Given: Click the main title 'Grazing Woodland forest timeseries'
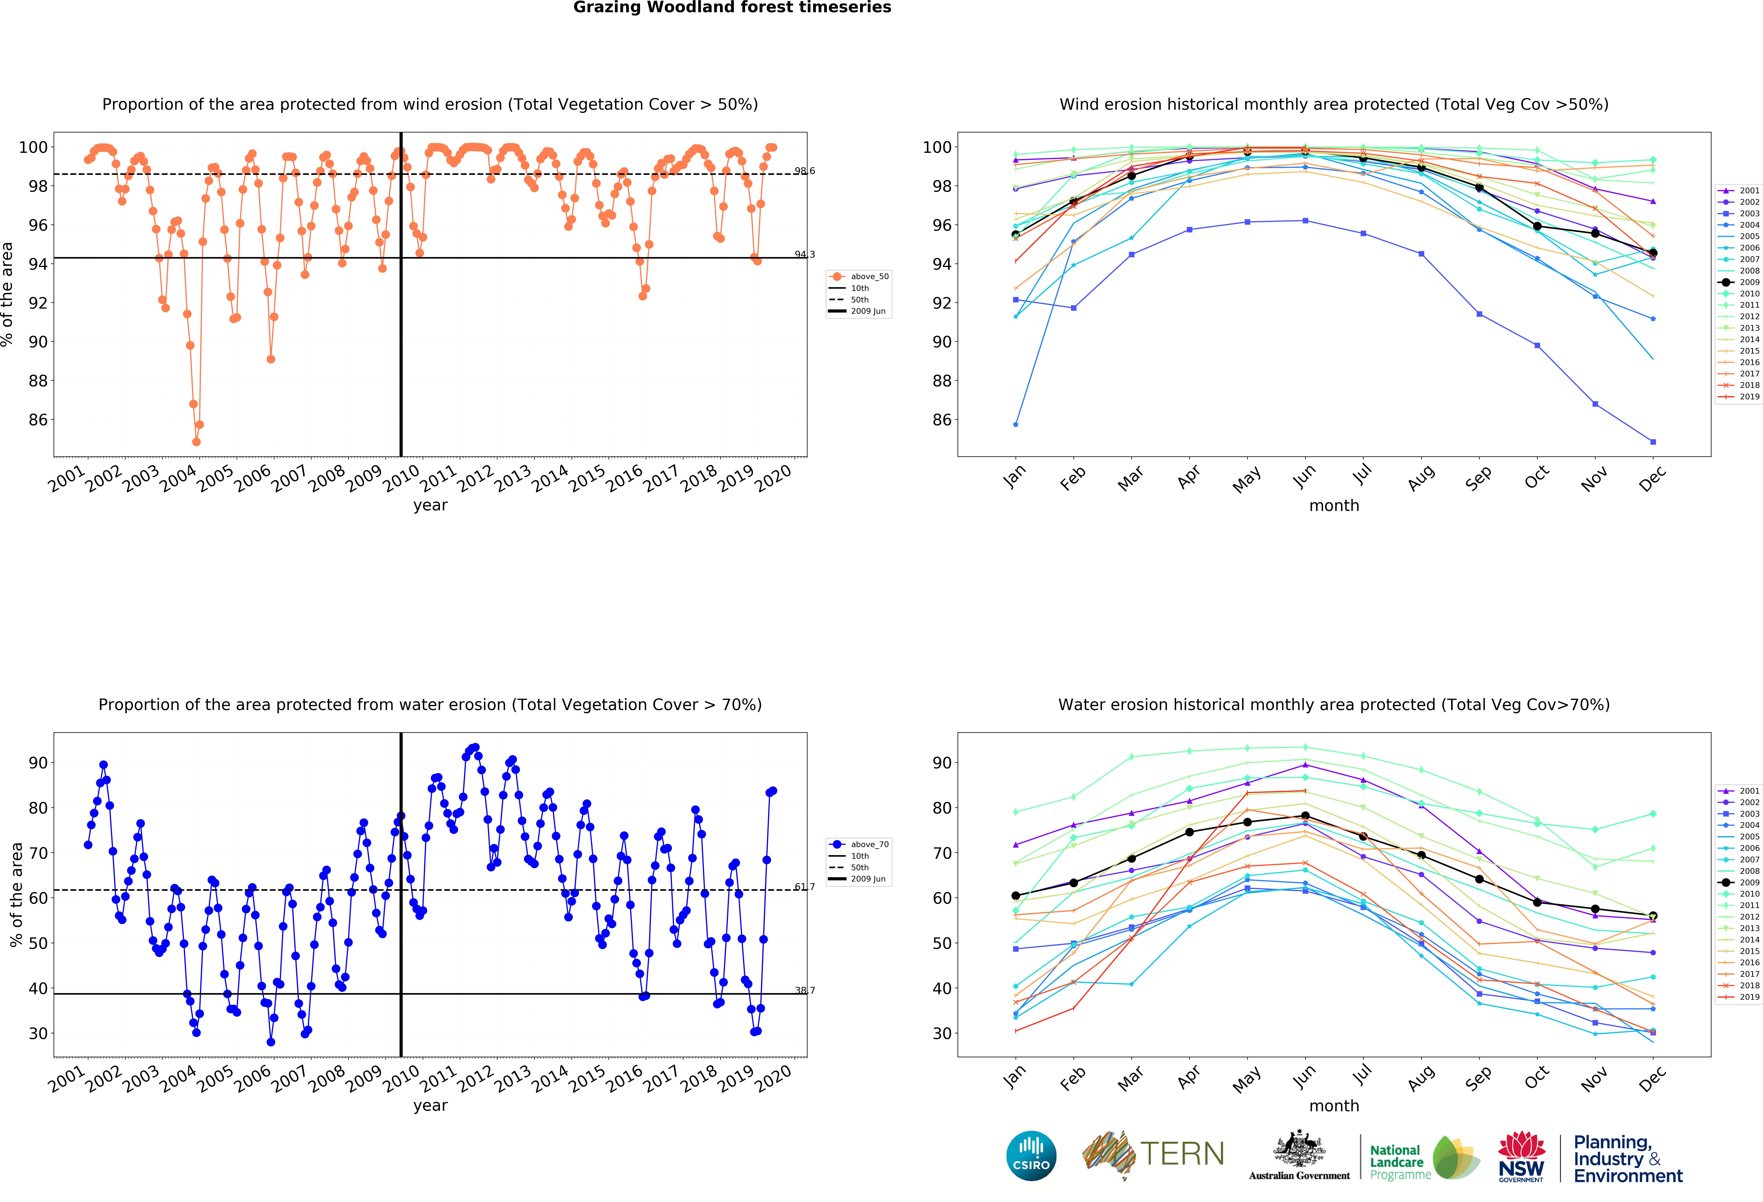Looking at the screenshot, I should click(732, 8).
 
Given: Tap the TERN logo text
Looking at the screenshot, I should click(1182, 1154).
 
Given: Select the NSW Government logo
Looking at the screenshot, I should click(1521, 1156).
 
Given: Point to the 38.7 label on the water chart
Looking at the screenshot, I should click(805, 990).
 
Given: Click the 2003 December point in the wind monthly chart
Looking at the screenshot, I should click(1653, 442).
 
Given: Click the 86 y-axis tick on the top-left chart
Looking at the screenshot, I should click(38, 420).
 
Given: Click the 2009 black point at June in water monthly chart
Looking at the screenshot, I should click(1305, 816).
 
